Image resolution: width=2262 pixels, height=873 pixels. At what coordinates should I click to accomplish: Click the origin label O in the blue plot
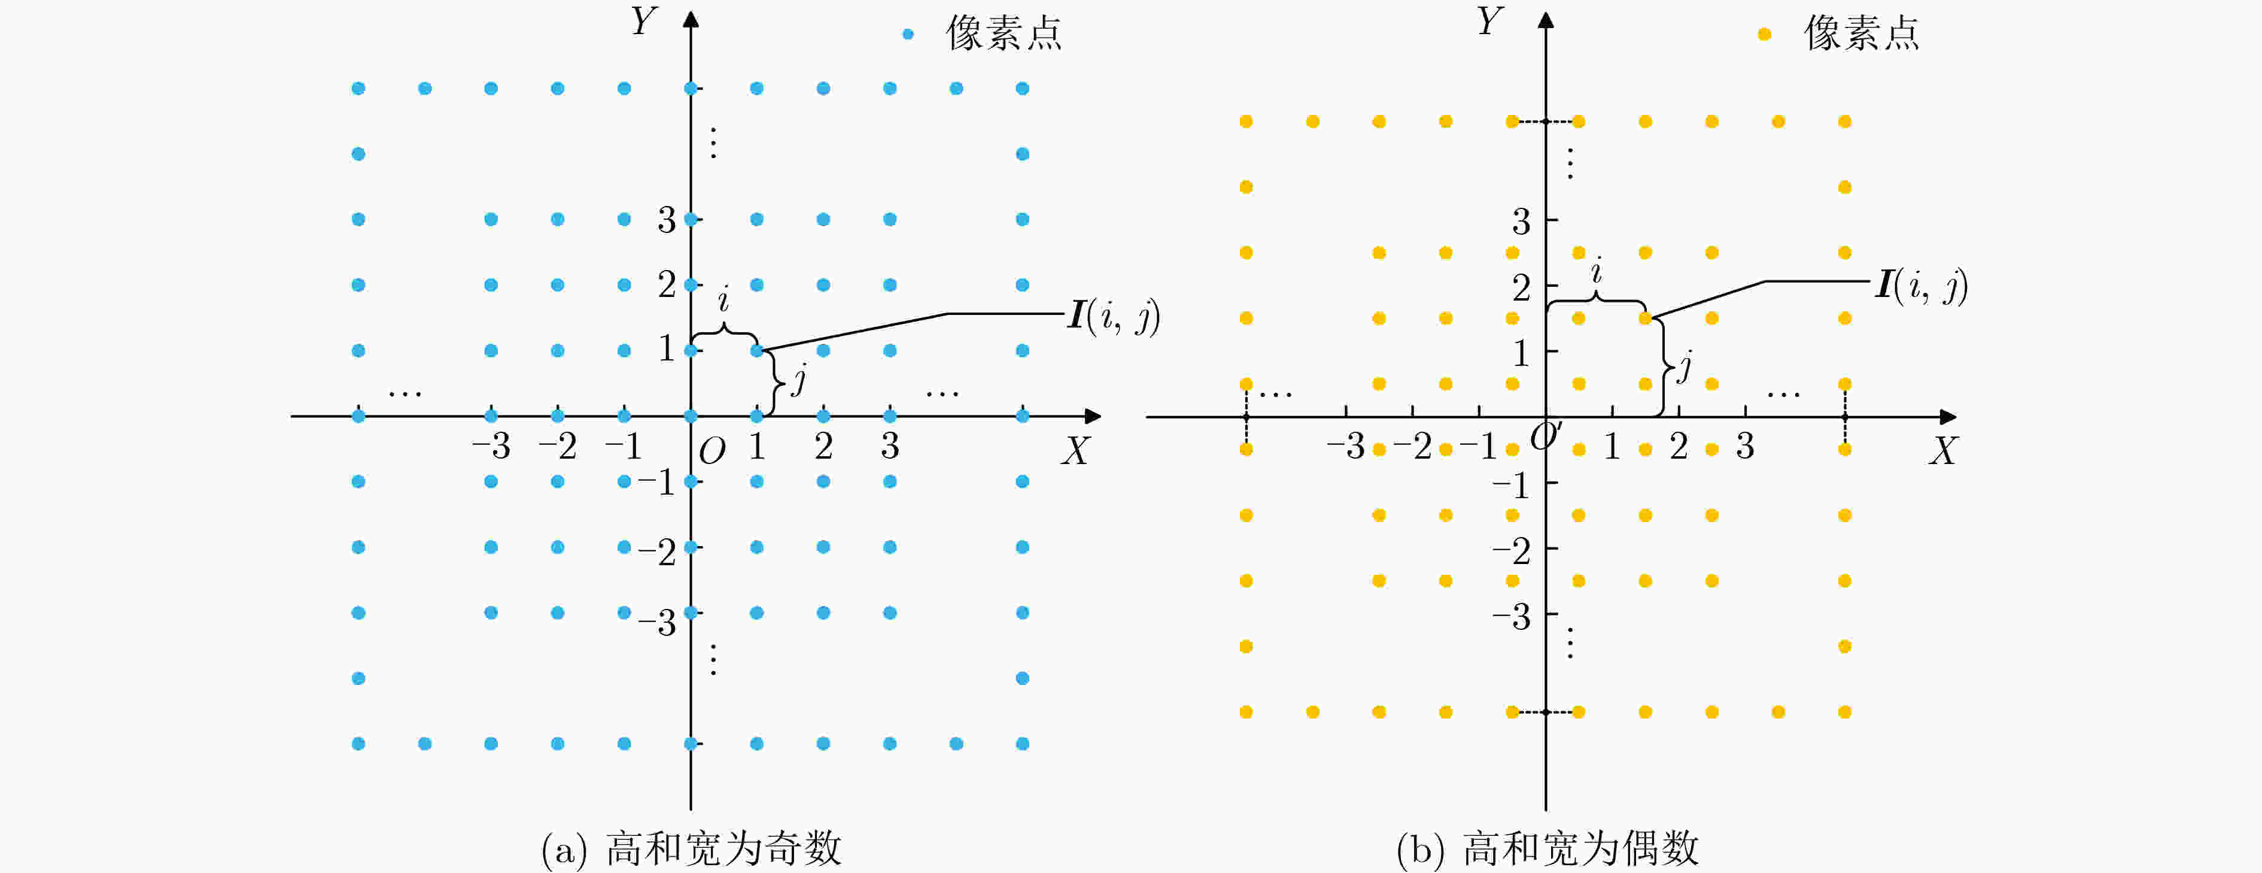pos(712,451)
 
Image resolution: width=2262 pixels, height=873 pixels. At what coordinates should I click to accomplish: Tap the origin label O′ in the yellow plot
pos(1546,436)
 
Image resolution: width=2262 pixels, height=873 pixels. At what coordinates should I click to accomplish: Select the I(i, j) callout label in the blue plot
pos(1114,316)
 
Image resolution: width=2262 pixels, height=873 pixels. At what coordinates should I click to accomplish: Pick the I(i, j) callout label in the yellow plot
pos(1922,286)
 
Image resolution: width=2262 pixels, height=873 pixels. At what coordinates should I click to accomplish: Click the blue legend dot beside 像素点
pos(908,34)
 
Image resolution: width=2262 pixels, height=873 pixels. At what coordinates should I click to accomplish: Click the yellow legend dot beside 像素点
pos(1764,34)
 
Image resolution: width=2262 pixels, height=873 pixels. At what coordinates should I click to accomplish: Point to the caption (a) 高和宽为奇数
pos(691,848)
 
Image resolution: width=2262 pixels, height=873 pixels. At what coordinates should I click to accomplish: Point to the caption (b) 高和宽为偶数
pos(1547,848)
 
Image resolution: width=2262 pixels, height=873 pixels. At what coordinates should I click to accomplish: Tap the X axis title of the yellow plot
pos(1942,450)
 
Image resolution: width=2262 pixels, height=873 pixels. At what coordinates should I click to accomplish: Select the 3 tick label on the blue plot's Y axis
pos(667,220)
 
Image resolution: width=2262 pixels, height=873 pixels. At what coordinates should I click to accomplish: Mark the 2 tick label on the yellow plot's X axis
pos(1678,446)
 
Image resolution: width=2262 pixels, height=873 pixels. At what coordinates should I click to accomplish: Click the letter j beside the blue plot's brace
pos(798,380)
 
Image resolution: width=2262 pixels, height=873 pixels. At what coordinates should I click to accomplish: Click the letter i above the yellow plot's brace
pos(1597,271)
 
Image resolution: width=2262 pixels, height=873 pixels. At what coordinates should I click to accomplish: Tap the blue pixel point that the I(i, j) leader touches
pos(757,350)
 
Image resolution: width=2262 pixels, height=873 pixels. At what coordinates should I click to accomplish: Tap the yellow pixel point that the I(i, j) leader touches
pos(1646,318)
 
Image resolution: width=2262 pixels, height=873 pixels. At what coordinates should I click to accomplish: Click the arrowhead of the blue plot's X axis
pos(1093,416)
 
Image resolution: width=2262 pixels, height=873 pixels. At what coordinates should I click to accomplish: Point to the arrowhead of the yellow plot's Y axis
pos(1546,19)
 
